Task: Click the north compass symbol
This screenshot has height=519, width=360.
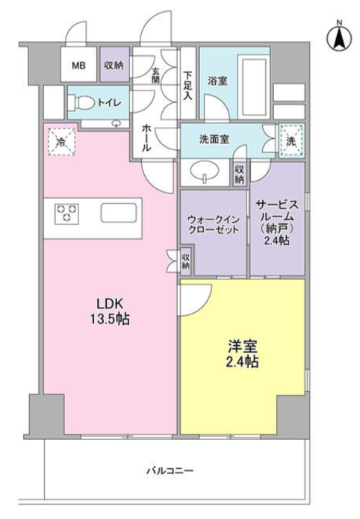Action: click(x=339, y=38)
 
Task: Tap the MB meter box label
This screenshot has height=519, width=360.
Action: click(x=79, y=66)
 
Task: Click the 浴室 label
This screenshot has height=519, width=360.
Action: click(x=217, y=81)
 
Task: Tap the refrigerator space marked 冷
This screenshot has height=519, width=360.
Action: click(x=61, y=142)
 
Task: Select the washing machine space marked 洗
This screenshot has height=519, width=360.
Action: click(x=291, y=141)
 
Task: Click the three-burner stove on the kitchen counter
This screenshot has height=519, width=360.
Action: click(x=66, y=213)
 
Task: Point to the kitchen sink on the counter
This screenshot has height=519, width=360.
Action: click(x=119, y=213)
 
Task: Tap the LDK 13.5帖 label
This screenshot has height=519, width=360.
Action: click(x=110, y=311)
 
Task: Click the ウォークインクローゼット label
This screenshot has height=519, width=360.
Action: click(x=214, y=225)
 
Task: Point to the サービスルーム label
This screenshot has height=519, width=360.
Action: click(x=277, y=211)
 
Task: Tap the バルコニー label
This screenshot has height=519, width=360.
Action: click(x=170, y=470)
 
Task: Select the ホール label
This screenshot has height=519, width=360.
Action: click(x=146, y=138)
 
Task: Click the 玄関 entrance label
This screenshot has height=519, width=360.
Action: click(x=155, y=75)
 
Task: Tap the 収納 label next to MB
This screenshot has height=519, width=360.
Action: click(x=114, y=65)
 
